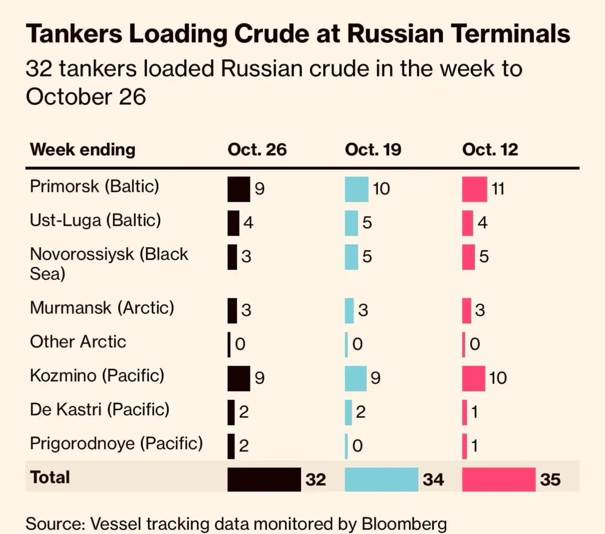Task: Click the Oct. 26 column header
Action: (x=257, y=149)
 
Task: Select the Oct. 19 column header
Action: (x=373, y=149)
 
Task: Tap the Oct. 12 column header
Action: (x=490, y=149)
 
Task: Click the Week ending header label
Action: (x=83, y=149)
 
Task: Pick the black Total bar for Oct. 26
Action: (x=264, y=479)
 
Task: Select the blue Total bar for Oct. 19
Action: (x=381, y=479)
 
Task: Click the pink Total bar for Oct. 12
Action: (x=498, y=479)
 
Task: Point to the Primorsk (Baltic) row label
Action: (x=94, y=186)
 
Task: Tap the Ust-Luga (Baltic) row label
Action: (x=95, y=220)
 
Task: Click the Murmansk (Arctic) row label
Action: (x=102, y=308)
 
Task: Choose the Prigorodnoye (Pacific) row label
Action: (x=116, y=443)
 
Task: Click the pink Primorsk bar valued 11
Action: (x=474, y=189)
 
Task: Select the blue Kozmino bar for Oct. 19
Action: (x=355, y=378)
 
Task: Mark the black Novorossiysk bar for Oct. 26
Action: (x=232, y=257)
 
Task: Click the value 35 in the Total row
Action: (x=550, y=480)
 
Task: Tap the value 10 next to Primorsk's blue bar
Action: (x=381, y=189)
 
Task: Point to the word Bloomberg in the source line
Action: (x=404, y=524)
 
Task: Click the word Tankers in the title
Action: (x=74, y=34)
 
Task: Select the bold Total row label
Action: (x=50, y=477)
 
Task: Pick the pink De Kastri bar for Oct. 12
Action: (x=465, y=412)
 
